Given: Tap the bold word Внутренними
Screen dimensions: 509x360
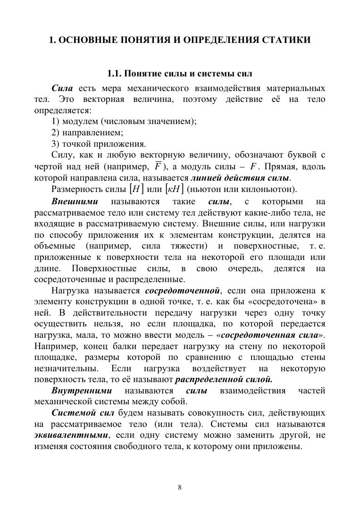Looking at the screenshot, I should (x=82, y=391).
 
